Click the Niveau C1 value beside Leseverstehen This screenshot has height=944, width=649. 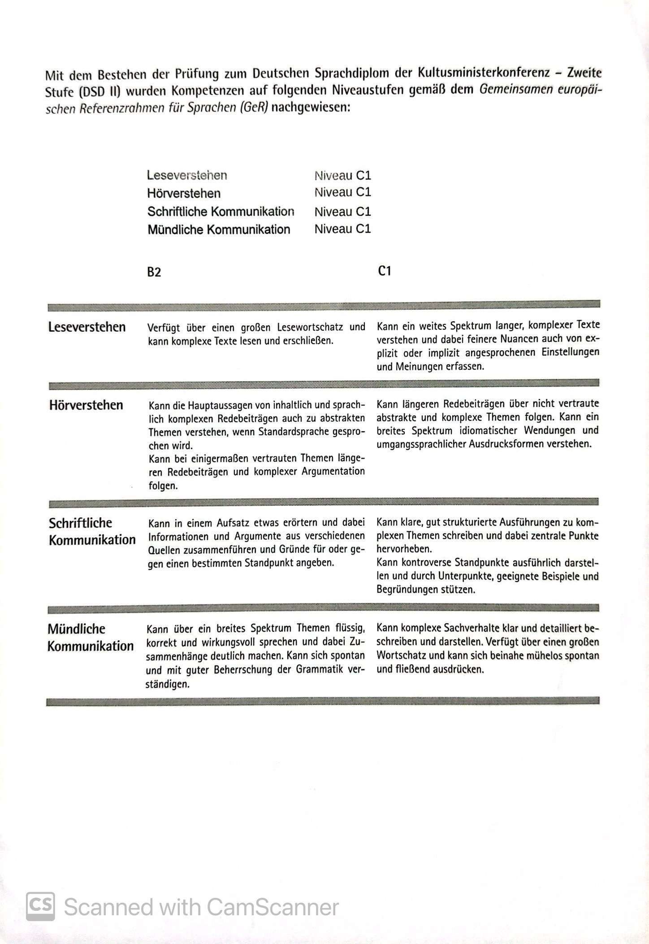click(x=342, y=175)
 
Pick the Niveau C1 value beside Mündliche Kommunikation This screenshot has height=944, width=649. click(x=342, y=229)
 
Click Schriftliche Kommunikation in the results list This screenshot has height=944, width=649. click(x=221, y=211)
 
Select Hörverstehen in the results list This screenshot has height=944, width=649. click(x=184, y=193)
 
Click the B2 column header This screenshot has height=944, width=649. click(x=154, y=272)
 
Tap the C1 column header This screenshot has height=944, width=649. click(x=385, y=271)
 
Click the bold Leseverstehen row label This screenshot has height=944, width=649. click(x=87, y=327)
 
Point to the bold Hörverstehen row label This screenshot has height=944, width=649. click(x=86, y=405)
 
